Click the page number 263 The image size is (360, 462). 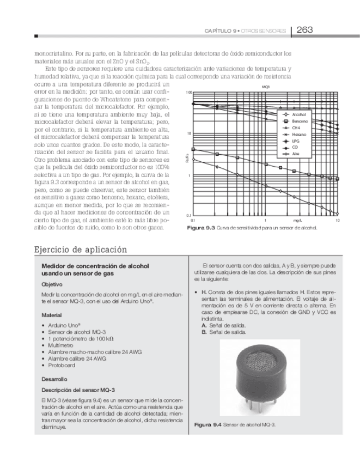[304, 30]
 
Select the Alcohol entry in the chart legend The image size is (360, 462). [299, 114]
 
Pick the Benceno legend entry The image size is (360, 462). [300, 121]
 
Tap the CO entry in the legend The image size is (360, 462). [295, 147]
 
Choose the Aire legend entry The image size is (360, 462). [296, 154]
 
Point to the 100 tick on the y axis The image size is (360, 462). [189, 93]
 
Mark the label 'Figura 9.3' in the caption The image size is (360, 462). [201, 227]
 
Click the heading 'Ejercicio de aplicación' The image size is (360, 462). [81, 250]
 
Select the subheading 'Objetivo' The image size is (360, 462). [52, 284]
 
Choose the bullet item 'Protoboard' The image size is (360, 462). [60, 366]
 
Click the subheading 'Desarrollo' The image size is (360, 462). [54, 379]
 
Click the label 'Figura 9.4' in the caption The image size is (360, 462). [208, 424]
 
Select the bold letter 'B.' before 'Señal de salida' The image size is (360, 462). [204, 332]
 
